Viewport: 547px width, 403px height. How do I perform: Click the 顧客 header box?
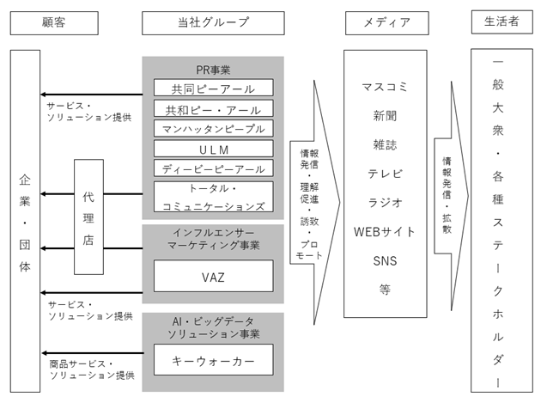point(54,23)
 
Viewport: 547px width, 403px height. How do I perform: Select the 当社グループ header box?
point(213,23)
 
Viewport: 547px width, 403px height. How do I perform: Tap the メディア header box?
point(387,23)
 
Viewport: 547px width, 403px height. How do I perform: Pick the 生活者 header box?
point(502,22)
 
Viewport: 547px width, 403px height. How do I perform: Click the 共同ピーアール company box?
point(214,88)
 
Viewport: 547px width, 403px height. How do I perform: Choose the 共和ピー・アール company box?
point(214,108)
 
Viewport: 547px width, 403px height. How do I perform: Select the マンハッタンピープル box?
point(214,129)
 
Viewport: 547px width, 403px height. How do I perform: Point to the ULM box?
point(214,149)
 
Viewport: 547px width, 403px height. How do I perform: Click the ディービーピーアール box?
point(214,168)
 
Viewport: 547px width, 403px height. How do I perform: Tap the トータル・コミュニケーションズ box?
point(214,197)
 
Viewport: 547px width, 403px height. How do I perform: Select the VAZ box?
point(214,276)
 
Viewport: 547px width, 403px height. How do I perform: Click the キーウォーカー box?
point(214,360)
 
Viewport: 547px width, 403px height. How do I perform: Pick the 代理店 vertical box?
point(89,217)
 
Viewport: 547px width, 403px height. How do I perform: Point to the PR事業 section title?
point(213,70)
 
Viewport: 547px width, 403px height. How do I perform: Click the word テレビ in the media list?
point(385,174)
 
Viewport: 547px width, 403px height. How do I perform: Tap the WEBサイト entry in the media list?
point(385,231)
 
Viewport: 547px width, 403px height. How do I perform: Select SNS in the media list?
point(385,261)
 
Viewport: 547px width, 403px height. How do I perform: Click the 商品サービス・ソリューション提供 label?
point(92,369)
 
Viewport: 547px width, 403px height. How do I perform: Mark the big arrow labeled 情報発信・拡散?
point(452,196)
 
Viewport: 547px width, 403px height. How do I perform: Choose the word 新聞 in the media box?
point(385,116)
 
